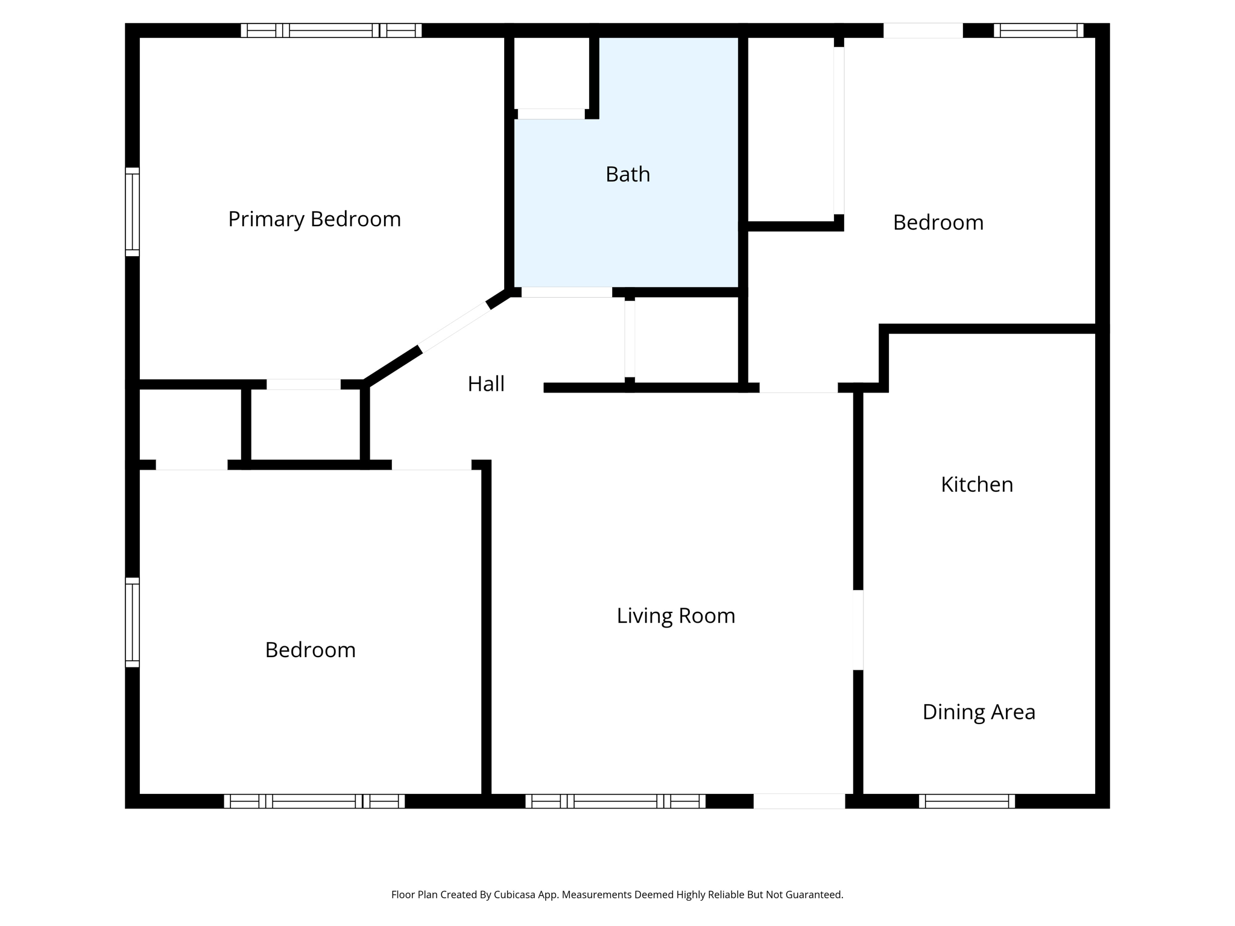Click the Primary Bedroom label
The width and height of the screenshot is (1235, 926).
314,219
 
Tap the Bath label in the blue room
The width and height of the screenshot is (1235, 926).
628,174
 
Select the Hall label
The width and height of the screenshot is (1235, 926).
486,384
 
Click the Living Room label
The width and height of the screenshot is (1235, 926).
675,616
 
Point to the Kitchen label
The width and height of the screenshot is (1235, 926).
977,485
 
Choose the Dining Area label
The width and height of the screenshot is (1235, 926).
979,712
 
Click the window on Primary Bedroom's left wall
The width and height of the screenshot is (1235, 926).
132,212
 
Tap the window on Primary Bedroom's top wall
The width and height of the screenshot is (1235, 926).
331,30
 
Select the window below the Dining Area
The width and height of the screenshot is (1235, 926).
967,801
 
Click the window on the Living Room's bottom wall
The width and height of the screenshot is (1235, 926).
615,801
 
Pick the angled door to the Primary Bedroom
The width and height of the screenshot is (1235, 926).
454,327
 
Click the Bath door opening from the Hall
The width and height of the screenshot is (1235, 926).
566,292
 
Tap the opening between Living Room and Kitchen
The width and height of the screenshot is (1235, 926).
858,629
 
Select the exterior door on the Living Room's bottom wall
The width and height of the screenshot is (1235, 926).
799,801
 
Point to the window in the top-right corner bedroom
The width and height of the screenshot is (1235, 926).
1038,30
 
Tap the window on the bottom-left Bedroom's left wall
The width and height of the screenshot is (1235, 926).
132,622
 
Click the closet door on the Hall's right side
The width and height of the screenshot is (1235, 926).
630,339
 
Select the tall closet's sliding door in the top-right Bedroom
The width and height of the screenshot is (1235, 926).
839,130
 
